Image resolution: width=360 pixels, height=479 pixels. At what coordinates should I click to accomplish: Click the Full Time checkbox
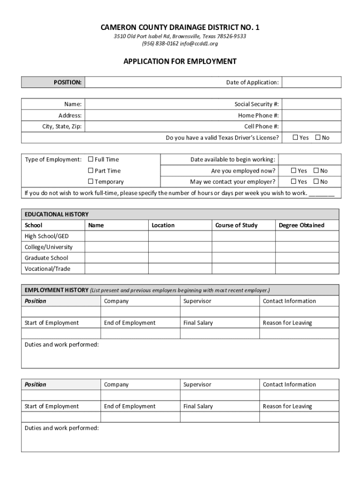click(91, 160)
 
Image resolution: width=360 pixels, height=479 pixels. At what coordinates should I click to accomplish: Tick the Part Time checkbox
click(91, 171)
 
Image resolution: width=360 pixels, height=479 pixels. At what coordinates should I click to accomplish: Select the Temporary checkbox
click(91, 181)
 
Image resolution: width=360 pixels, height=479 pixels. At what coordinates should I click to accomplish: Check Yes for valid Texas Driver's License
click(295, 138)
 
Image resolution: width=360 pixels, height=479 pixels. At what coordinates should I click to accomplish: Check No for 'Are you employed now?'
click(316, 171)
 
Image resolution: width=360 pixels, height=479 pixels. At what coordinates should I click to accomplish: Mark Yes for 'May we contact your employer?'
click(294, 181)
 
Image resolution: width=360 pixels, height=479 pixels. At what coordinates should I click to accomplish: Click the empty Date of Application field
click(311, 82)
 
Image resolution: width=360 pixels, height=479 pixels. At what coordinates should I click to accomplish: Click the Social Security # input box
click(311, 104)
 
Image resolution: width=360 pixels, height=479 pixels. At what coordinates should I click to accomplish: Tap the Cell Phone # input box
click(311, 126)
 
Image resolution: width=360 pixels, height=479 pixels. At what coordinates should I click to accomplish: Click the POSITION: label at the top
click(68, 82)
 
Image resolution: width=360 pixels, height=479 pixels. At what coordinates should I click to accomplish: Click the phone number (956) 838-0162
click(160, 44)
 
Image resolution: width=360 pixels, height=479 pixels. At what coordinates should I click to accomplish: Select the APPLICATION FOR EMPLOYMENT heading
click(180, 61)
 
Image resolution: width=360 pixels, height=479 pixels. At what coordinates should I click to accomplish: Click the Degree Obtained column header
click(302, 225)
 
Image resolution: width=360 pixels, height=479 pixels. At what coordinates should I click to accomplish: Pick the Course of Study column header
click(236, 225)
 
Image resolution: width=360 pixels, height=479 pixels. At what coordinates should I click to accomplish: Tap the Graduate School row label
click(46, 258)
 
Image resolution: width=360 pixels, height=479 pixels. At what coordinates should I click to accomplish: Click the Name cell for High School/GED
click(116, 236)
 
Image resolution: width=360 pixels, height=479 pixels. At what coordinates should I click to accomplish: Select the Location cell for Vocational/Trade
click(180, 269)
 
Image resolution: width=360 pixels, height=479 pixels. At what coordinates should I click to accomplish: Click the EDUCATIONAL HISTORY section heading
click(57, 214)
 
